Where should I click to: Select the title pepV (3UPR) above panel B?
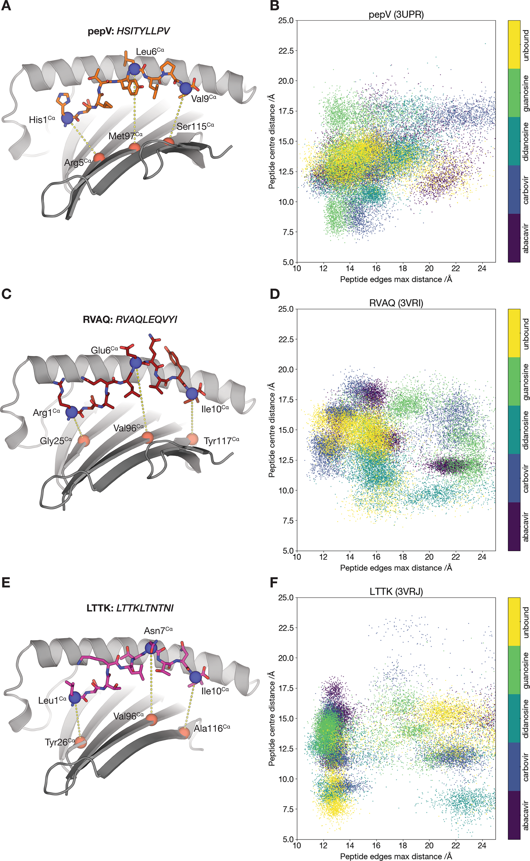coord(396,15)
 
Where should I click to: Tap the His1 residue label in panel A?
coord(42,120)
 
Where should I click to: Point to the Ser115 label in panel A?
coord(195,126)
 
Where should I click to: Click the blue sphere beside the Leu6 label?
coord(134,69)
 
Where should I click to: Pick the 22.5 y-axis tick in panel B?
coord(286,51)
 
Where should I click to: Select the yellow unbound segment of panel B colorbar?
coord(514,45)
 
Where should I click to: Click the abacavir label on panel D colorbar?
coord(525,527)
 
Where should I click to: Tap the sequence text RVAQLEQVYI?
coord(146,320)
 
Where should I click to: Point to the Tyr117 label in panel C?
coord(221,441)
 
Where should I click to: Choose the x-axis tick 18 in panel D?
coord(402,557)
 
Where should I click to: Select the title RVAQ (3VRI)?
coord(396,303)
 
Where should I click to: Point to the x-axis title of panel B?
coord(396,279)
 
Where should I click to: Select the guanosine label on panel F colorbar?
coord(525,670)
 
